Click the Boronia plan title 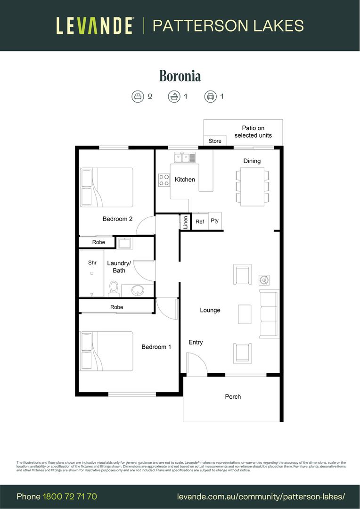[180, 76]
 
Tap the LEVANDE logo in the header [95, 25]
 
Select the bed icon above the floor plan [137, 97]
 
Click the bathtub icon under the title [174, 97]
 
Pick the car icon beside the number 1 [210, 97]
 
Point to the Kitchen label [185, 180]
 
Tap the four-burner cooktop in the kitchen [164, 180]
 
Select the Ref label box [200, 222]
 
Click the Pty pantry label [215, 221]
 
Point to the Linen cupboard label [186, 222]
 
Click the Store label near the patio [215, 141]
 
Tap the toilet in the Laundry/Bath [114, 288]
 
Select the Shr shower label [92, 263]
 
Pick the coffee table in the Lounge [245, 314]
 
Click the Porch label [233, 397]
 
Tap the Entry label [196, 342]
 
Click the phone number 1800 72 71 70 [70, 496]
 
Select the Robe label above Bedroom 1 [116, 307]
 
